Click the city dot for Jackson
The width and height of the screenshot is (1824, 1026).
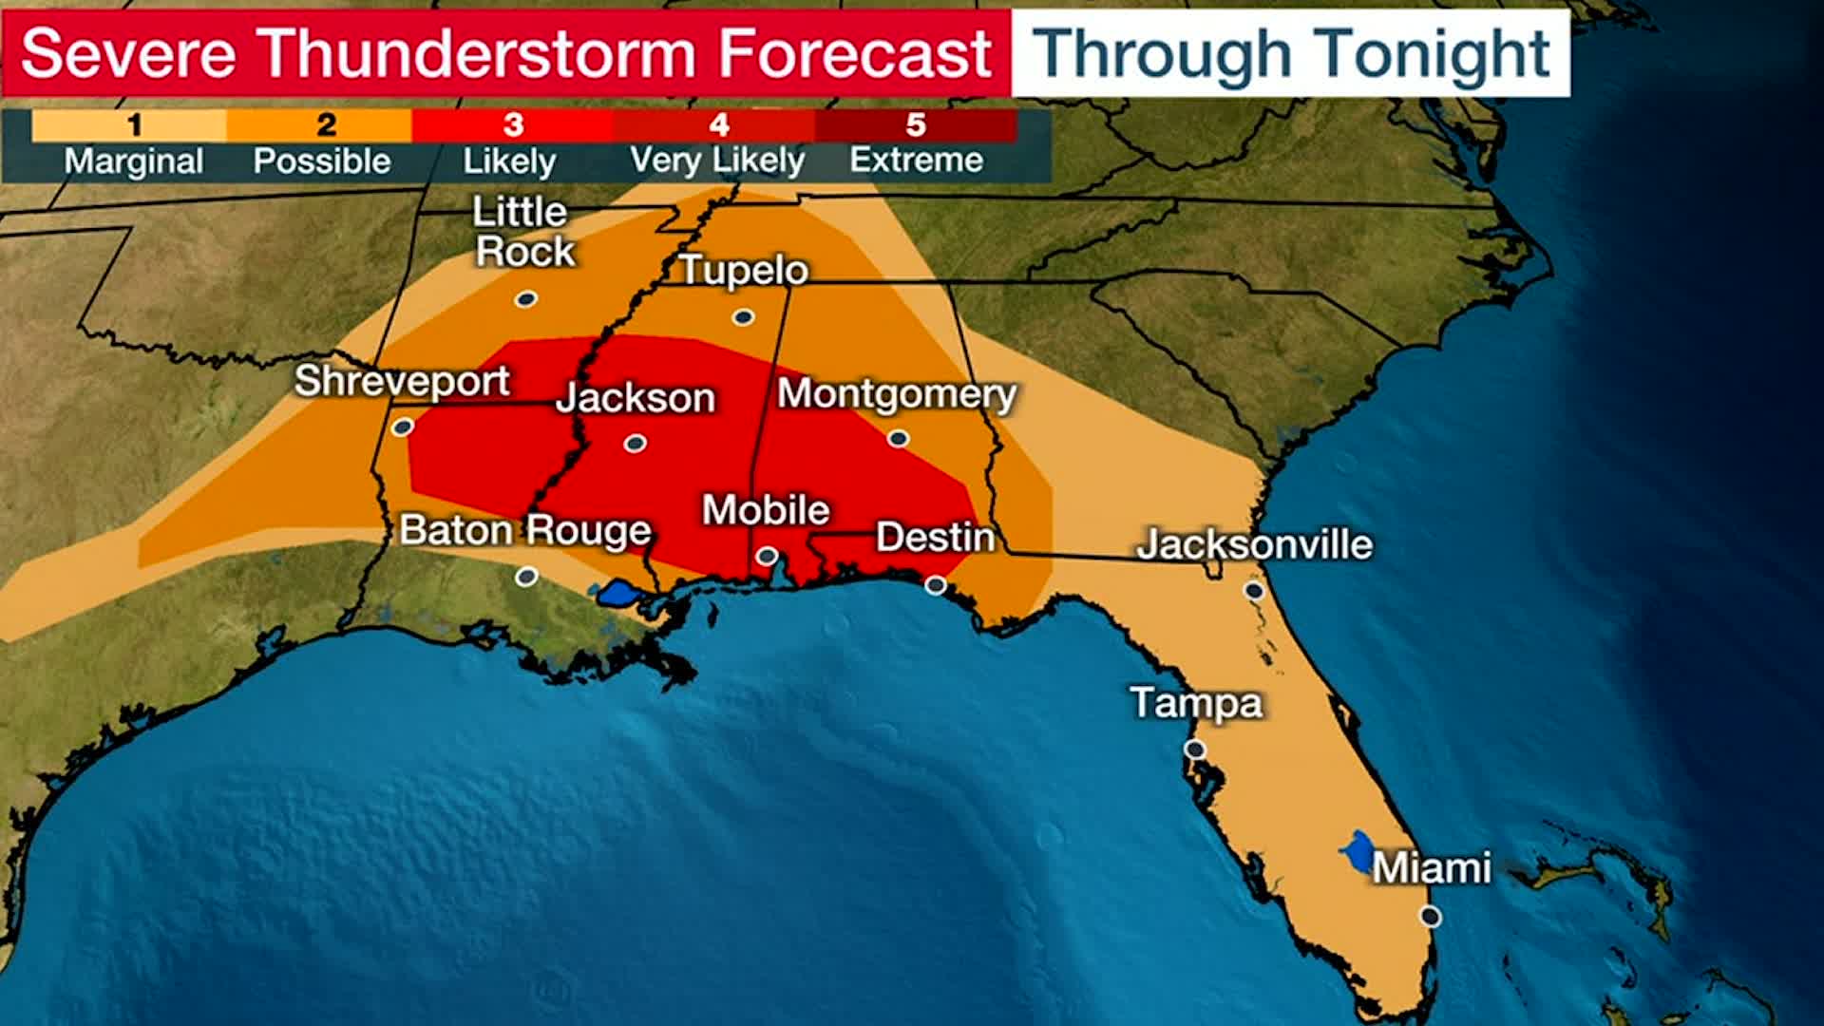636,443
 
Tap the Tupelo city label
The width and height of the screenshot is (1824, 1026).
744,271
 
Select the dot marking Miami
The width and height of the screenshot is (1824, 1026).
1431,916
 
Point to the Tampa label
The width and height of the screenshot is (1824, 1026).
1196,703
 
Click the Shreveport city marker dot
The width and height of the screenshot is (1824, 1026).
403,427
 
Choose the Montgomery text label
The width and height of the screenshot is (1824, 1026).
896,393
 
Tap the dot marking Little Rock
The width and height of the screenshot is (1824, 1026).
526,299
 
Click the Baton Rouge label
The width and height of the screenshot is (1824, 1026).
525,530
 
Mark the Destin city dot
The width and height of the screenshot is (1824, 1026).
936,584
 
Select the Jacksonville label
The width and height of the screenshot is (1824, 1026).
1254,544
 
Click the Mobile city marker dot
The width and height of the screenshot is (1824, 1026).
768,556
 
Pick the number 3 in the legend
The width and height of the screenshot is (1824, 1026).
513,124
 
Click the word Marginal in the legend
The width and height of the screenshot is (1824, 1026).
134,161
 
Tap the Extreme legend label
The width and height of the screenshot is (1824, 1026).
916,160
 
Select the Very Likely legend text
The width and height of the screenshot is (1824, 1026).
717,160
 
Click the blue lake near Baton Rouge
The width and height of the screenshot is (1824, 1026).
617,594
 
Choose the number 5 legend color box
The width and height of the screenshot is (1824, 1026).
916,124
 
